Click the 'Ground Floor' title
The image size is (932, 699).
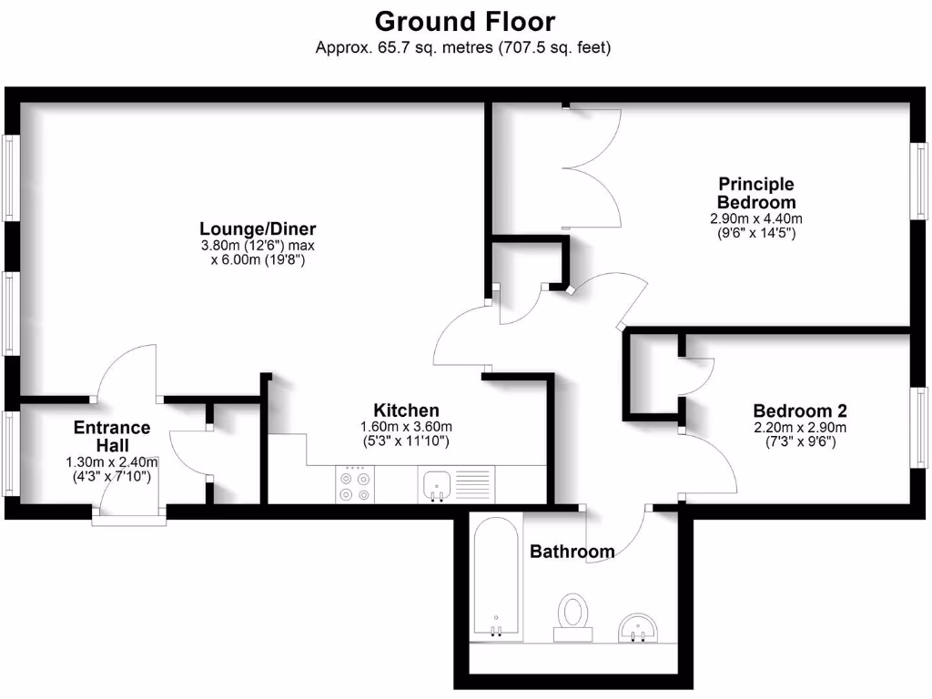pos(464,20)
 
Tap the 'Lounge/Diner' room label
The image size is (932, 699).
pos(258,228)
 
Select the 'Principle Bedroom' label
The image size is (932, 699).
pos(755,193)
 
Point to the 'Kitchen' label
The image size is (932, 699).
pos(407,410)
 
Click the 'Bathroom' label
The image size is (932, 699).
pos(572,551)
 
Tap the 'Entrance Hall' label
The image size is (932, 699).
pos(112,437)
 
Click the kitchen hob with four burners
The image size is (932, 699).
pos(354,485)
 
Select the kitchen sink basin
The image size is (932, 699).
pos(437,483)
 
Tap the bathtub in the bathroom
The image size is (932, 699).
pos(497,576)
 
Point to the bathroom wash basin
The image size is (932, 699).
pos(640,626)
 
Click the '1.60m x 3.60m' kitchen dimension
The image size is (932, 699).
pos(407,427)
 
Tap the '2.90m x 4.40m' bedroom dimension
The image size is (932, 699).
pos(756,219)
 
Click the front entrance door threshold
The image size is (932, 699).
pos(129,521)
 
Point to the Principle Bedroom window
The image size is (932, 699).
pos(920,180)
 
